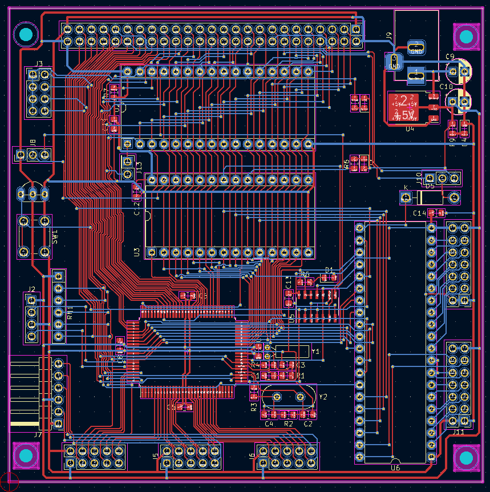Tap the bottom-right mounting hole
click(x=466, y=457)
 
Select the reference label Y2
click(x=323, y=396)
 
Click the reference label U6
click(x=395, y=467)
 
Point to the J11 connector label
click(x=458, y=432)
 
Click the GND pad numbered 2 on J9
click(x=416, y=47)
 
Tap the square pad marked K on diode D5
click(x=406, y=197)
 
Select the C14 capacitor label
click(x=419, y=213)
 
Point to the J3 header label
click(x=39, y=63)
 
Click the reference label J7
click(x=38, y=434)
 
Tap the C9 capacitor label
click(x=449, y=57)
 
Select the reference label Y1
click(x=315, y=352)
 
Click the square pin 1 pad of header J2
click(x=32, y=301)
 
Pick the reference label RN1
click(x=70, y=313)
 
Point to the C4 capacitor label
click(x=269, y=424)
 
